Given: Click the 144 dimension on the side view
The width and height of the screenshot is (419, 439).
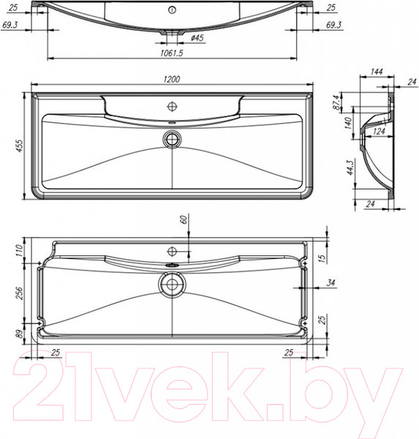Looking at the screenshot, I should point(377,72).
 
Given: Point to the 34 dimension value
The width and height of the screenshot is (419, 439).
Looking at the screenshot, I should point(331,282).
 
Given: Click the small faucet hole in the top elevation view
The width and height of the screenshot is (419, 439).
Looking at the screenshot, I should point(173,10).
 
